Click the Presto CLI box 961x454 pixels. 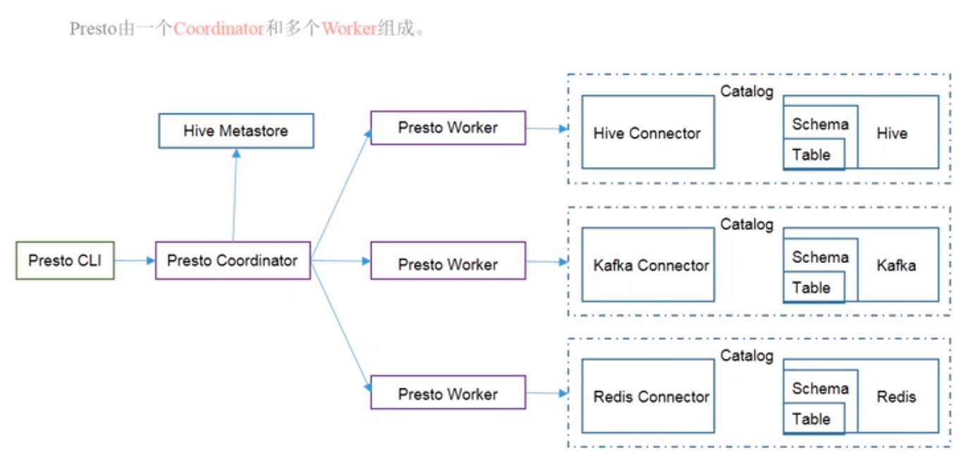(x=65, y=261)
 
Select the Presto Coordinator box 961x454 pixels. (x=233, y=261)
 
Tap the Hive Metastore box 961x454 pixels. (x=236, y=131)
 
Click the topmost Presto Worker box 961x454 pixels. (x=448, y=128)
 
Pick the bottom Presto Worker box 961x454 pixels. (x=448, y=394)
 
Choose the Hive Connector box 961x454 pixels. (x=647, y=133)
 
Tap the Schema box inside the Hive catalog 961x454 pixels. (x=819, y=124)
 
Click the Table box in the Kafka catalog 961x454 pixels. (x=812, y=288)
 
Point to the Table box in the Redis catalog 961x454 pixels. (x=812, y=419)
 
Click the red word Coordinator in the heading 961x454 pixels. (x=219, y=29)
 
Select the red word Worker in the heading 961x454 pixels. (x=349, y=29)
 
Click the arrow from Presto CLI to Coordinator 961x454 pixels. (x=134, y=261)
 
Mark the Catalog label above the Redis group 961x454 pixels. (x=747, y=356)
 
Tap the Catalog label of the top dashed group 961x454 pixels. (x=747, y=91)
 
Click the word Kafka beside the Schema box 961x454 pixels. (x=896, y=265)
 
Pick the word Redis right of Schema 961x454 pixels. (x=896, y=397)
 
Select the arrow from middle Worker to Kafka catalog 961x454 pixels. (x=546, y=262)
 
